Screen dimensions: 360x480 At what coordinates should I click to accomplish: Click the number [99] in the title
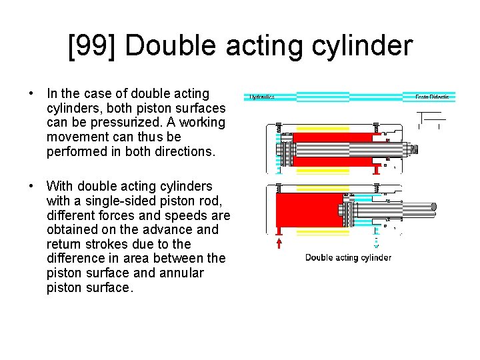click(x=92, y=46)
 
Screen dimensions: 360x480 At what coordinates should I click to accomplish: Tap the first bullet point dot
click(x=31, y=94)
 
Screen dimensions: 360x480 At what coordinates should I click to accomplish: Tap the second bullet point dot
click(x=31, y=186)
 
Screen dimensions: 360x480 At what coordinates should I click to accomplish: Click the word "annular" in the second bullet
click(x=181, y=273)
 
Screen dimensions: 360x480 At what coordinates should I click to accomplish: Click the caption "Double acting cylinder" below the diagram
click(x=348, y=257)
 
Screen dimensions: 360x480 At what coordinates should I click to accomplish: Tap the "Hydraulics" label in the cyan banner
click(x=262, y=97)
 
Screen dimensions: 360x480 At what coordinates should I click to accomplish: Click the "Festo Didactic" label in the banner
click(x=432, y=97)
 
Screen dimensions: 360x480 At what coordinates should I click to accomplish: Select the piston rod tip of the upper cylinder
click(x=413, y=149)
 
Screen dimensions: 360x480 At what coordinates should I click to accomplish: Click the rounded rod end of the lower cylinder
click(x=433, y=209)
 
